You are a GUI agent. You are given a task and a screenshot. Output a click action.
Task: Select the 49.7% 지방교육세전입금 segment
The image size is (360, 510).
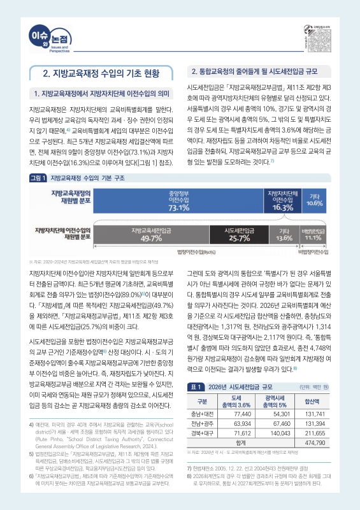(x=151, y=235)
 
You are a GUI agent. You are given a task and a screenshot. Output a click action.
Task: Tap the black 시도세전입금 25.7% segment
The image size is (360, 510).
(x=236, y=235)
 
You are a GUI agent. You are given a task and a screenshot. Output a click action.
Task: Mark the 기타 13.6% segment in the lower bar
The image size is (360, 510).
(x=280, y=235)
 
